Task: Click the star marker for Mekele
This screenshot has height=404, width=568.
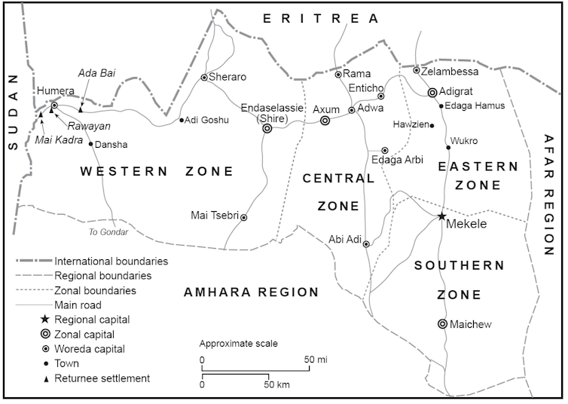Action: click(x=442, y=216)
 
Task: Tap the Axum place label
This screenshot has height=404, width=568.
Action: click(x=326, y=109)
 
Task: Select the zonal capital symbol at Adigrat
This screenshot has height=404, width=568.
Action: click(x=432, y=93)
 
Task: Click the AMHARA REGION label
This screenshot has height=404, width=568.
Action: click(x=252, y=292)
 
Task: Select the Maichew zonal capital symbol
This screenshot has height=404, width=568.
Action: click(x=442, y=324)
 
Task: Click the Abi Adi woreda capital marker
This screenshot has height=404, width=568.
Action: click(x=366, y=244)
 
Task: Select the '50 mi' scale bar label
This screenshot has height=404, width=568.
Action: click(x=316, y=360)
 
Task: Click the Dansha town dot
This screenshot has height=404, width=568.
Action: click(x=91, y=144)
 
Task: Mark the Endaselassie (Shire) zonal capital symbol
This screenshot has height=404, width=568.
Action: click(x=267, y=129)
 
